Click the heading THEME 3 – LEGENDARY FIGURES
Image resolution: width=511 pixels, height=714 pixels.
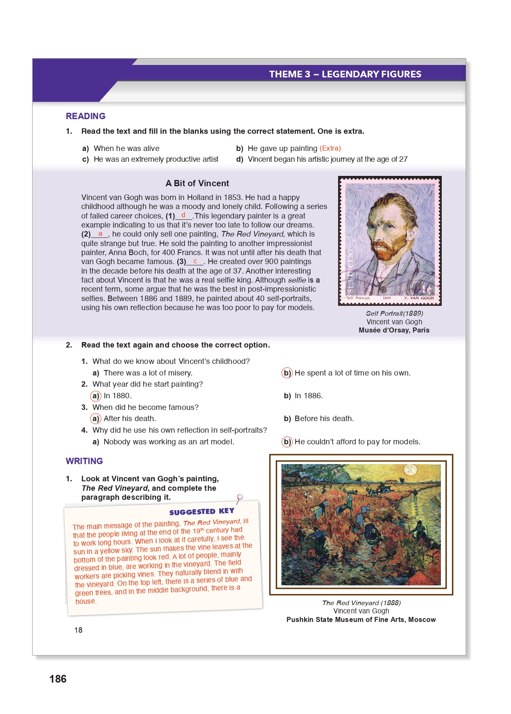(x=345, y=74)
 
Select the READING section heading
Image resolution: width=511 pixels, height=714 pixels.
(x=86, y=116)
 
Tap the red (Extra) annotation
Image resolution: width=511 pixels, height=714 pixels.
(x=330, y=148)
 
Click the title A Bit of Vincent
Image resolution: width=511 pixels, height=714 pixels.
(x=197, y=183)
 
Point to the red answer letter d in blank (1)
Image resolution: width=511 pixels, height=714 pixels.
(x=183, y=215)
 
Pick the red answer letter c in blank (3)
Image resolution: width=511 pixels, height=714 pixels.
(x=195, y=261)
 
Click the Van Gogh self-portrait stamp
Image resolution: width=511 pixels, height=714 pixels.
(x=390, y=240)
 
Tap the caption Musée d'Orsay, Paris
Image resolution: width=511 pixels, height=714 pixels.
(x=394, y=330)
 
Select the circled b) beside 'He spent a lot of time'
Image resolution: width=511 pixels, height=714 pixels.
(x=287, y=373)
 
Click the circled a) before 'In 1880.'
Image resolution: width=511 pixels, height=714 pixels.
(x=95, y=396)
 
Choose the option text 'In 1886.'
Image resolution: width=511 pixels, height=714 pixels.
(x=308, y=396)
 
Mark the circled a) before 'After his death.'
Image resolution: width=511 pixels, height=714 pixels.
(x=95, y=419)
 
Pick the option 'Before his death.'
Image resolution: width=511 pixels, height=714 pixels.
(x=324, y=419)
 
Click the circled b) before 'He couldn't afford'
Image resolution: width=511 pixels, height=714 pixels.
(x=287, y=442)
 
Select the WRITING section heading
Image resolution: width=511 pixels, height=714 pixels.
(x=84, y=461)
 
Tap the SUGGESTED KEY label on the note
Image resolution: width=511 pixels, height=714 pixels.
(x=202, y=511)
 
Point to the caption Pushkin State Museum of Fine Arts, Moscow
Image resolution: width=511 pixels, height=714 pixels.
(x=361, y=620)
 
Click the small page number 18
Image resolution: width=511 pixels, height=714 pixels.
(x=78, y=630)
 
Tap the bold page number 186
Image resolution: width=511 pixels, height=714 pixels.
(x=58, y=679)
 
